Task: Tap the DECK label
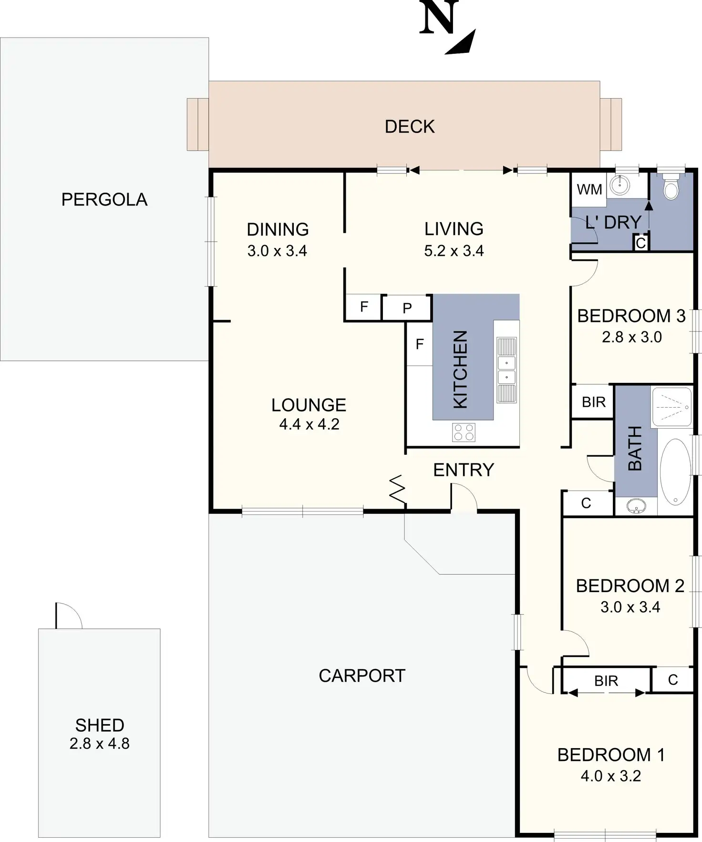pos(410,127)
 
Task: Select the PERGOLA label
pos(104,199)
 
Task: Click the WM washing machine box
pos(589,189)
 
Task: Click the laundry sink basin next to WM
pos(620,185)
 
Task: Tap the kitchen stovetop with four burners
pos(464,432)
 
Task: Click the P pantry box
pos(407,308)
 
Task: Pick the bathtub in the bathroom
pos(674,471)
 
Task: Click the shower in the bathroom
pos(671,407)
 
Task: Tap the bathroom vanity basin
pos(636,505)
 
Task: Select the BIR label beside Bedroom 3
pos(593,402)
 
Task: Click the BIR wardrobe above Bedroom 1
pos(606,681)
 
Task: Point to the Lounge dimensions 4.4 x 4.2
pos(309,424)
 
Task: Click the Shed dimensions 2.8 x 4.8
pos(99,744)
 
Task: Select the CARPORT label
pos(361,676)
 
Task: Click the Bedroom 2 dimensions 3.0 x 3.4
pos(630,607)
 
